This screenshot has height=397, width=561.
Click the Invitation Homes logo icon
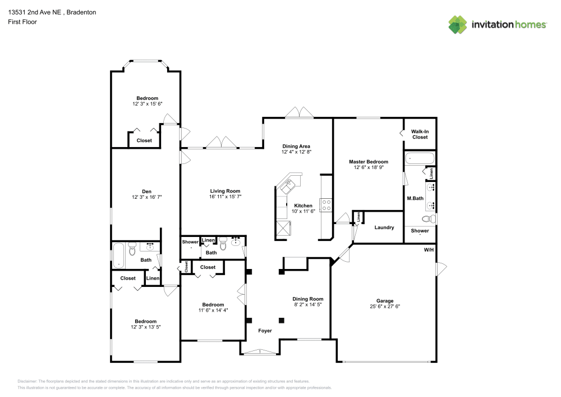[458, 25]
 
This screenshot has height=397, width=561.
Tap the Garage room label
[385, 300]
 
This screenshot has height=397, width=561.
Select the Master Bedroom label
[368, 162]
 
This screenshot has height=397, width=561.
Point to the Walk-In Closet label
[420, 134]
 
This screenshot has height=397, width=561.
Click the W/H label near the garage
[429, 249]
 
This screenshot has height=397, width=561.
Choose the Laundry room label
[384, 227]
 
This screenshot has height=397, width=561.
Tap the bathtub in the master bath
[420, 158]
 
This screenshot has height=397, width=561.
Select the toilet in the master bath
[427, 219]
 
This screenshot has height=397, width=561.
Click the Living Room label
[225, 191]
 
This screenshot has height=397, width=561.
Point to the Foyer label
[265, 331]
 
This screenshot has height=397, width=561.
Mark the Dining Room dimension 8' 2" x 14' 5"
[308, 305]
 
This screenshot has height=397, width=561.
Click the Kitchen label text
[303, 206]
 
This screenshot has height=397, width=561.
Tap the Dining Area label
[296, 146]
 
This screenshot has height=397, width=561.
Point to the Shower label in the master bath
[420, 231]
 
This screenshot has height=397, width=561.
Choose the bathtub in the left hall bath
[119, 255]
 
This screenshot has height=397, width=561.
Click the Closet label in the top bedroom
[144, 140]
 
